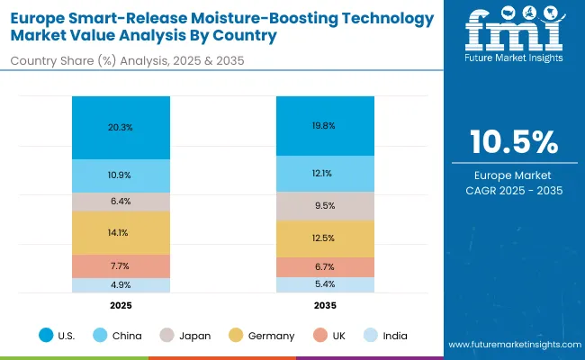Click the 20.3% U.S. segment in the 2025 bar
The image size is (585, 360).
[121, 127]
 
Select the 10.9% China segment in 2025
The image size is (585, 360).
[121, 175]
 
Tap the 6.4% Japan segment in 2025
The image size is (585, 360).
[121, 202]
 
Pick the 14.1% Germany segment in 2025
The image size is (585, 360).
[121, 232]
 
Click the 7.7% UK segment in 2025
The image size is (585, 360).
[121, 265]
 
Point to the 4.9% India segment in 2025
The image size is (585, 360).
[121, 285]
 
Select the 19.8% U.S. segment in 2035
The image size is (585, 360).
[325, 125]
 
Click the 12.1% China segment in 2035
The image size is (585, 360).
[325, 173]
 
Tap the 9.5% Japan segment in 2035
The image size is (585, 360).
[325, 205]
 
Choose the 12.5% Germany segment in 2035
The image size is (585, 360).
[325, 238]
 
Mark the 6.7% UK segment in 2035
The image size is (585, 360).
[325, 267]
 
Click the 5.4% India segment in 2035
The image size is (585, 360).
[325, 284]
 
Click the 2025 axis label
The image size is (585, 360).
[121, 305]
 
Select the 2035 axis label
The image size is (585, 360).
[325, 305]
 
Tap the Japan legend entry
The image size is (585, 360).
[186, 336]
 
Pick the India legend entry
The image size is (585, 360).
[385, 336]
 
